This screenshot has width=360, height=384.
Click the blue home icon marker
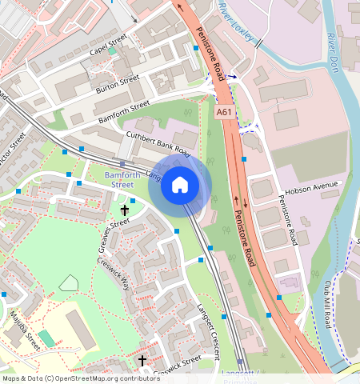click(x=180, y=186)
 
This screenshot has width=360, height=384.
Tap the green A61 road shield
click(x=226, y=113)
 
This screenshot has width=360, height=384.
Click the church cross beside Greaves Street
click(x=124, y=211)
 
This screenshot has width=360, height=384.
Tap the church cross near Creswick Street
click(x=142, y=361)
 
